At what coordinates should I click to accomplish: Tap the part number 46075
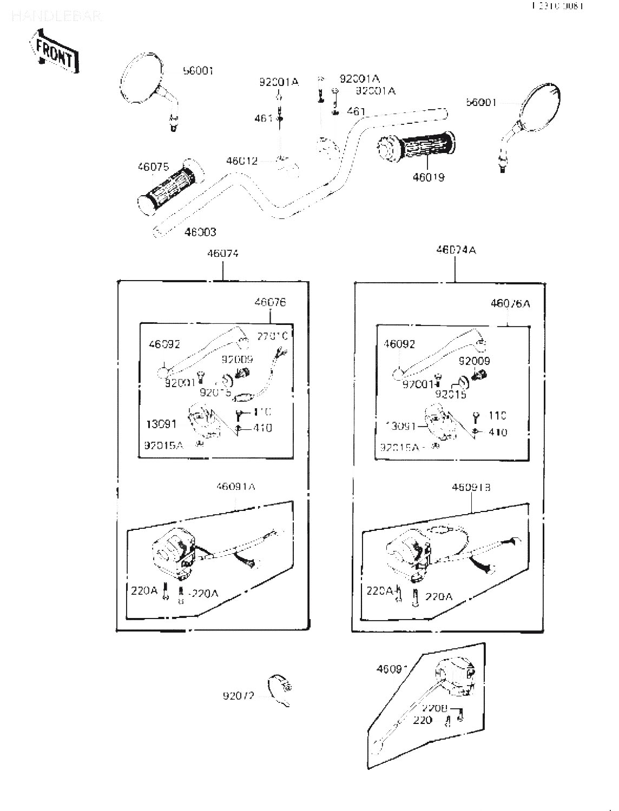[153, 167]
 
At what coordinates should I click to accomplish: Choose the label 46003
[200, 232]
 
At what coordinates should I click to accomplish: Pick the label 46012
[242, 161]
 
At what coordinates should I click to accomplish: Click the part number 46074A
[456, 250]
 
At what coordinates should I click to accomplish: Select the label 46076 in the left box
[270, 302]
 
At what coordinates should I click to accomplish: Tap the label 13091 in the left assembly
[161, 424]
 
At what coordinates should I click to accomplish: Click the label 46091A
[235, 487]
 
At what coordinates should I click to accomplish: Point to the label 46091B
[471, 487]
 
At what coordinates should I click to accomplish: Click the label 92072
[238, 695]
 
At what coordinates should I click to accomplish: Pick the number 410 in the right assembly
[497, 432]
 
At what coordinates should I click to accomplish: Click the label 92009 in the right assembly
[474, 361]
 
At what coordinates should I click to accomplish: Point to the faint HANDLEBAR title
[56, 17]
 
